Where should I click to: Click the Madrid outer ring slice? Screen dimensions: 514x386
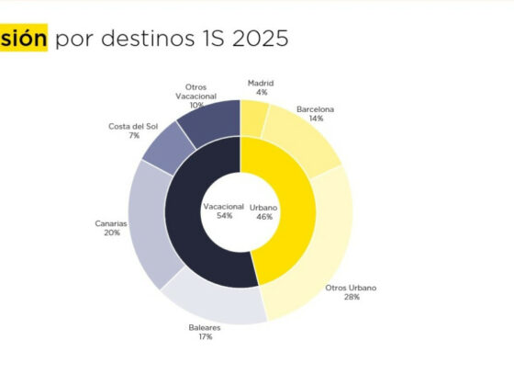point(253,119)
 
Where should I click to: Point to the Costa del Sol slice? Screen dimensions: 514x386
point(168,148)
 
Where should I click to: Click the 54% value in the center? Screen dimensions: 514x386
point(225,216)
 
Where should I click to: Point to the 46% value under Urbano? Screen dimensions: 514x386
point(264,217)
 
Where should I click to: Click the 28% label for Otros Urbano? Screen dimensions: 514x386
point(352,297)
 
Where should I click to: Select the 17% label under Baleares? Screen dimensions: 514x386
point(206,336)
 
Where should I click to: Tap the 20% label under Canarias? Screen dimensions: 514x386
point(112,233)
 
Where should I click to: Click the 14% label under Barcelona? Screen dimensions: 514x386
point(317,119)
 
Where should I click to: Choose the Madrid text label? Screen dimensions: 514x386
point(261,84)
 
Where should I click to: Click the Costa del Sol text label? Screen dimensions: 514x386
point(133,127)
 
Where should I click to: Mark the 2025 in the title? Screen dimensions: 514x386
point(261,39)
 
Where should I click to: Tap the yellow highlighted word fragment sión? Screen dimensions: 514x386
point(24,38)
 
